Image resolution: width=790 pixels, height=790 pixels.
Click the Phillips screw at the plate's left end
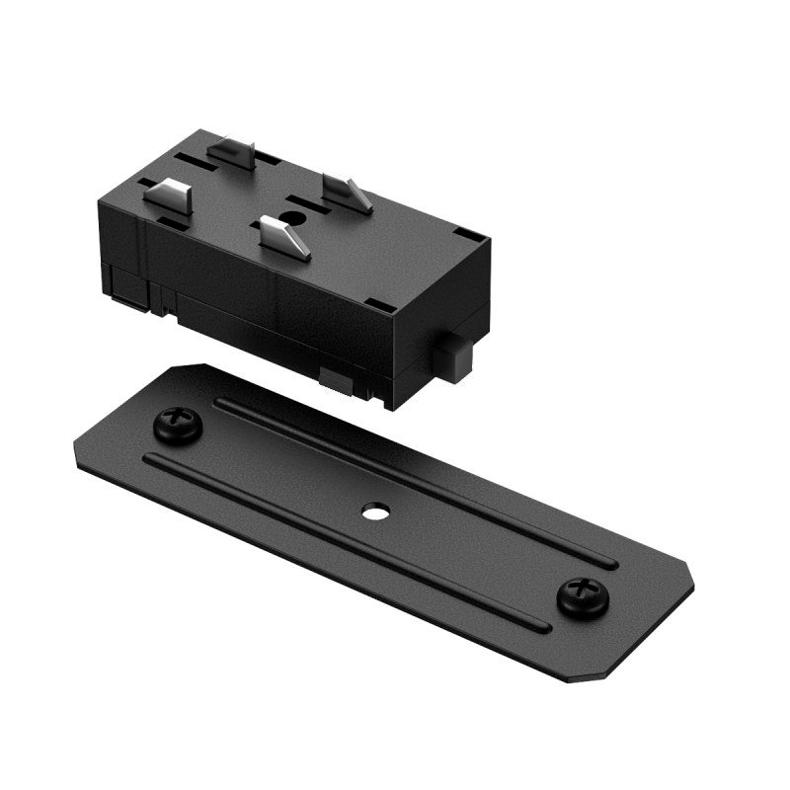179,428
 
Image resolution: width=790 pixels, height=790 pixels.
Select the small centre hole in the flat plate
374,513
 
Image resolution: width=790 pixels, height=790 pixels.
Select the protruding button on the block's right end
455,357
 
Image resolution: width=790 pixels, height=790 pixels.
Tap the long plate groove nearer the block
415,483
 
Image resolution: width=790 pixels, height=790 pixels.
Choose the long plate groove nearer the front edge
346,543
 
